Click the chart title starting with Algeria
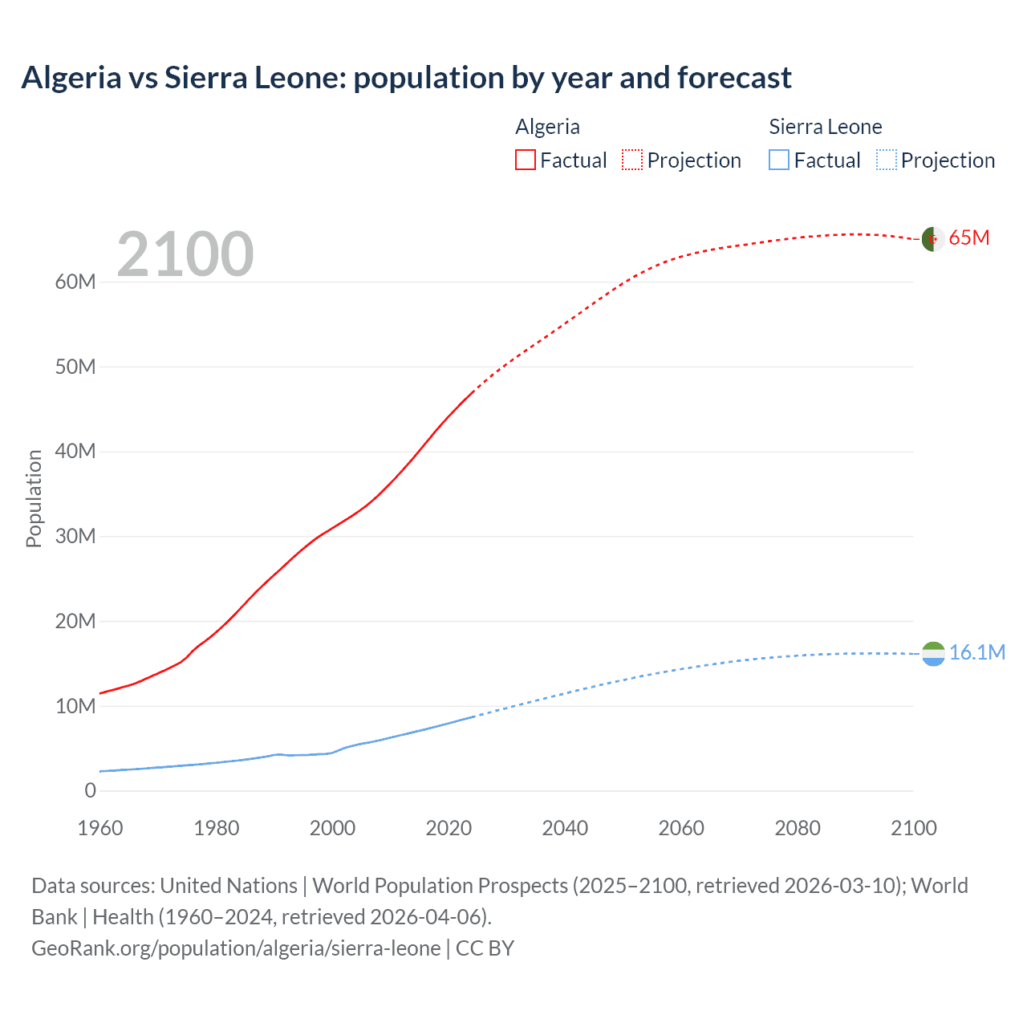click(406, 78)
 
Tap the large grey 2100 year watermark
click(185, 254)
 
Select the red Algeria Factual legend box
click(525, 160)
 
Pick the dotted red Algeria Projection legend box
click(632, 160)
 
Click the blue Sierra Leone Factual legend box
click(778, 160)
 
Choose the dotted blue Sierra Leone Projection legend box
click(886, 160)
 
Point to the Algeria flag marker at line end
click(933, 239)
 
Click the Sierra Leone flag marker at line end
click(933, 654)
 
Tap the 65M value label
click(969, 238)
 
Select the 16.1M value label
click(976, 652)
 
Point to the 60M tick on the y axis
click(75, 282)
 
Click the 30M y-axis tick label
click(75, 536)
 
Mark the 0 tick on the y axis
click(90, 790)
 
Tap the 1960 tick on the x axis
click(100, 828)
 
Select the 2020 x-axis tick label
click(449, 828)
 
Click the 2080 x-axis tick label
click(798, 828)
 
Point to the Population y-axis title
click(34, 498)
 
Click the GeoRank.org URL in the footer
click(236, 948)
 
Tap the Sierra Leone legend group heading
click(825, 127)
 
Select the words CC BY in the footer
click(485, 948)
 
